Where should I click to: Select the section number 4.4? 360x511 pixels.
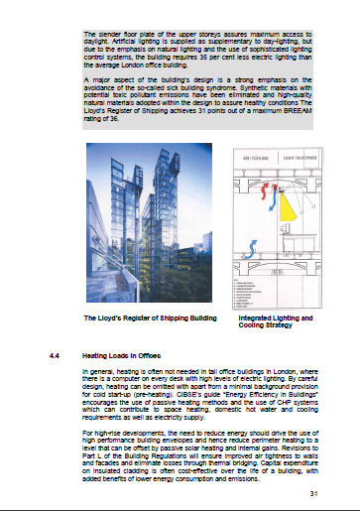[x=56, y=353]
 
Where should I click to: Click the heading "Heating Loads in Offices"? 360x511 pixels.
[x=122, y=353]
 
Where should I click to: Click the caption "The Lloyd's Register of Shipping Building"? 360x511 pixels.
[x=133, y=319]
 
